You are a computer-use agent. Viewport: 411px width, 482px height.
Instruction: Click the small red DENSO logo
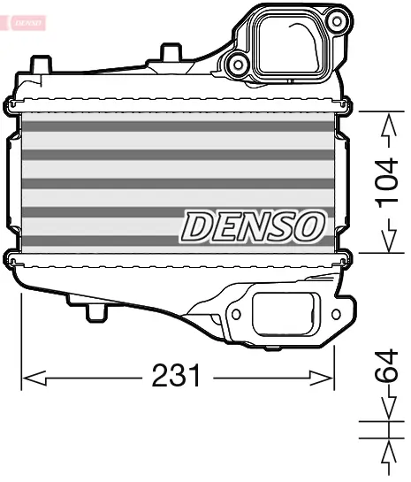click(x=23, y=19)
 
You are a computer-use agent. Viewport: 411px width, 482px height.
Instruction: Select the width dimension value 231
click(x=176, y=378)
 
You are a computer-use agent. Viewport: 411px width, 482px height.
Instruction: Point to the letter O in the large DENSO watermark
click(x=308, y=227)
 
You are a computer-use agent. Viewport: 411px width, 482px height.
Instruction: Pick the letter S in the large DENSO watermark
click(x=280, y=227)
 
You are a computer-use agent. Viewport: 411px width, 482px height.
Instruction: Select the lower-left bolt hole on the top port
click(x=236, y=62)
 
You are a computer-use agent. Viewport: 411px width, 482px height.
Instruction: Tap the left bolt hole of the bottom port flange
click(x=236, y=312)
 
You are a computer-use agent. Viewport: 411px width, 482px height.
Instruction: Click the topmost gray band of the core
click(x=177, y=126)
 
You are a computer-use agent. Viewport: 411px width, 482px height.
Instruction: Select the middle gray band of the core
click(x=177, y=183)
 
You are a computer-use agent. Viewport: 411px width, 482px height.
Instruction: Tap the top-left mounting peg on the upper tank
click(x=40, y=64)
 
